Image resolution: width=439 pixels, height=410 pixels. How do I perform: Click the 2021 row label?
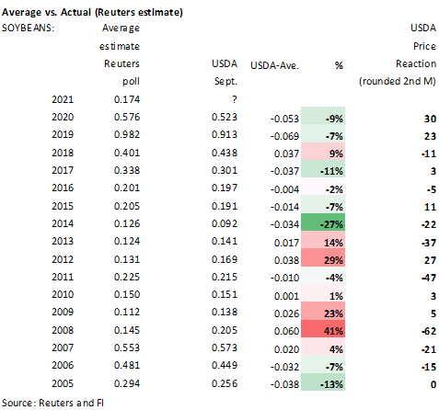(63, 99)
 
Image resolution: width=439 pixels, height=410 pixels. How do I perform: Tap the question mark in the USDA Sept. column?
(235, 99)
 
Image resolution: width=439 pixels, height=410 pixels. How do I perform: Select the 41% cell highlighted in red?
(323, 329)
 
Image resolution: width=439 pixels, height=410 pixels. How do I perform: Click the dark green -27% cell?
(323, 222)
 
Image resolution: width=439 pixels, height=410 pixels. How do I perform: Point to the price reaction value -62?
(429, 331)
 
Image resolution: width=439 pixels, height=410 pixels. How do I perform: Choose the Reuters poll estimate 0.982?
(127, 134)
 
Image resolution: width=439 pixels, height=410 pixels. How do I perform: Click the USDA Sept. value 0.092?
(225, 223)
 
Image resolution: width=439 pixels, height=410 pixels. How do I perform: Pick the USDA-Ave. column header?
(274, 65)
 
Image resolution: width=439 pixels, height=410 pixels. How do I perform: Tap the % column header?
(339, 65)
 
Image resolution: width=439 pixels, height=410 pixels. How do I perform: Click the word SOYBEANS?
(28, 28)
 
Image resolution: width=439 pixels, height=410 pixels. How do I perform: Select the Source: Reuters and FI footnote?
(52, 403)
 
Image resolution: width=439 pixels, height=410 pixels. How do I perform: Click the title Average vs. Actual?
(46, 12)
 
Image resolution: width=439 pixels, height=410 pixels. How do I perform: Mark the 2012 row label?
(63, 259)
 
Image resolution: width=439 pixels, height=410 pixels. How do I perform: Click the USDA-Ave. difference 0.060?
(286, 331)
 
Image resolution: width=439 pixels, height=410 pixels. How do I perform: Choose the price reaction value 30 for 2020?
(430, 119)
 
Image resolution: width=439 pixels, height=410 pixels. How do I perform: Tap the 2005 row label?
(63, 383)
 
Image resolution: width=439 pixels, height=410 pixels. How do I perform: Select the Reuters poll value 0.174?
(127, 99)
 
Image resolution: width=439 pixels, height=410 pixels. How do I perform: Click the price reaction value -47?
(429, 278)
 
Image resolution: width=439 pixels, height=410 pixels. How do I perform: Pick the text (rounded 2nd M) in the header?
(398, 82)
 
